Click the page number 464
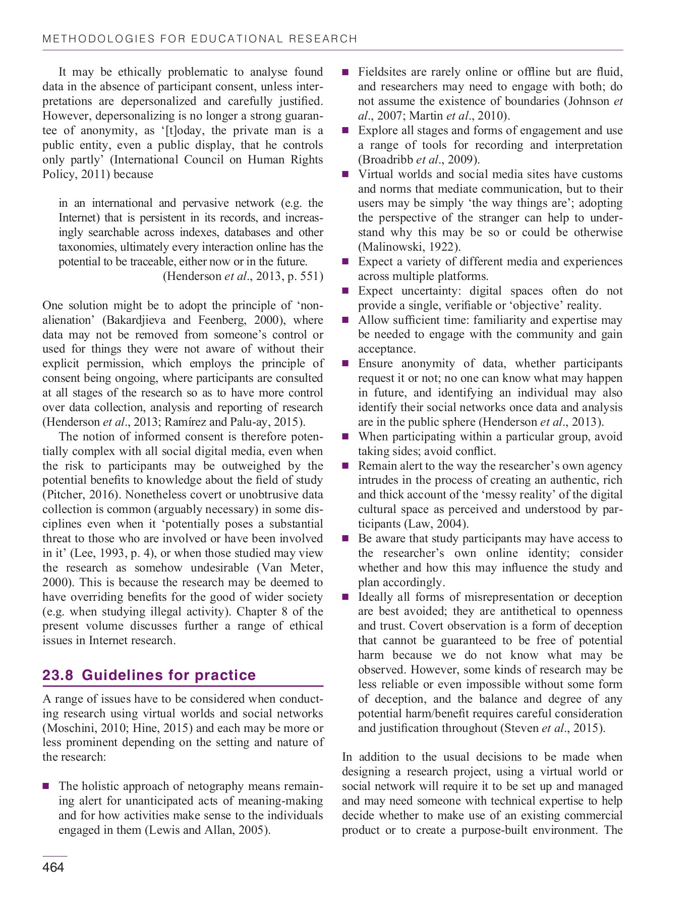pos(53,867)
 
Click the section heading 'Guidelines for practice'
pos(168,675)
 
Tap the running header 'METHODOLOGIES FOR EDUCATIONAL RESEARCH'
pos(200,39)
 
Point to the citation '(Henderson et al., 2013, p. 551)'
pos(243,276)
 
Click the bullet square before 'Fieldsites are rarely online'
pos(345,73)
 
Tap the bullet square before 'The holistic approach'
pos(46,786)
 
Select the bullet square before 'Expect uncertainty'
pos(345,291)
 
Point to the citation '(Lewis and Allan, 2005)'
pos(207,830)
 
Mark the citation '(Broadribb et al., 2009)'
pos(419,160)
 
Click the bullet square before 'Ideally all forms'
pos(345,597)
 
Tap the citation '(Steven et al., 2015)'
pos(552,728)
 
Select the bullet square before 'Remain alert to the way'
pos(345,466)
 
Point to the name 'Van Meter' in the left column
pos(291,568)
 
